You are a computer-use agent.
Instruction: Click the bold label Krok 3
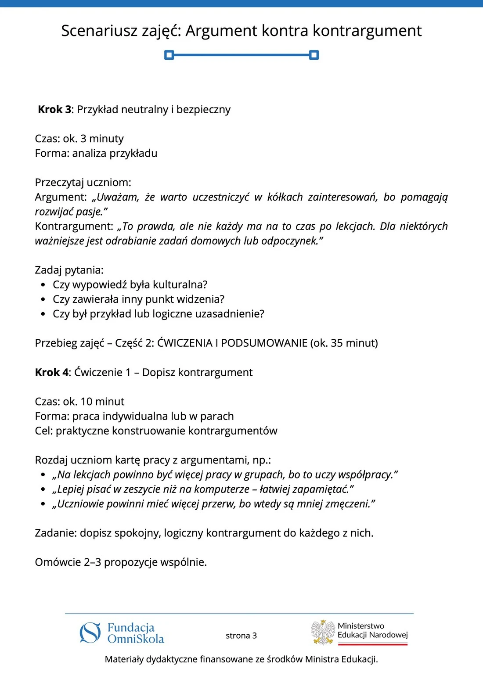click(54, 109)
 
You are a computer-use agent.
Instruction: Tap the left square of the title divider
click(169, 55)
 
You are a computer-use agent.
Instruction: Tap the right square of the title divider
click(314, 55)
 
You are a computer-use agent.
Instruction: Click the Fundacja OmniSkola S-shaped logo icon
click(90, 633)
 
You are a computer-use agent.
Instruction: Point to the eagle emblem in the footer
click(323, 633)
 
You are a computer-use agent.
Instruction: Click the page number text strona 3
click(241, 636)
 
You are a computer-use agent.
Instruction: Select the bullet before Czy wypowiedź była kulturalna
click(43, 285)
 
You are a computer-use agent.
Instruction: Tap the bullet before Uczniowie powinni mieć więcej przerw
click(43, 504)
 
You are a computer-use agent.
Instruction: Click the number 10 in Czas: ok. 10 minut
click(87, 402)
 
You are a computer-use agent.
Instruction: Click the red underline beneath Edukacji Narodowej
click(373, 644)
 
